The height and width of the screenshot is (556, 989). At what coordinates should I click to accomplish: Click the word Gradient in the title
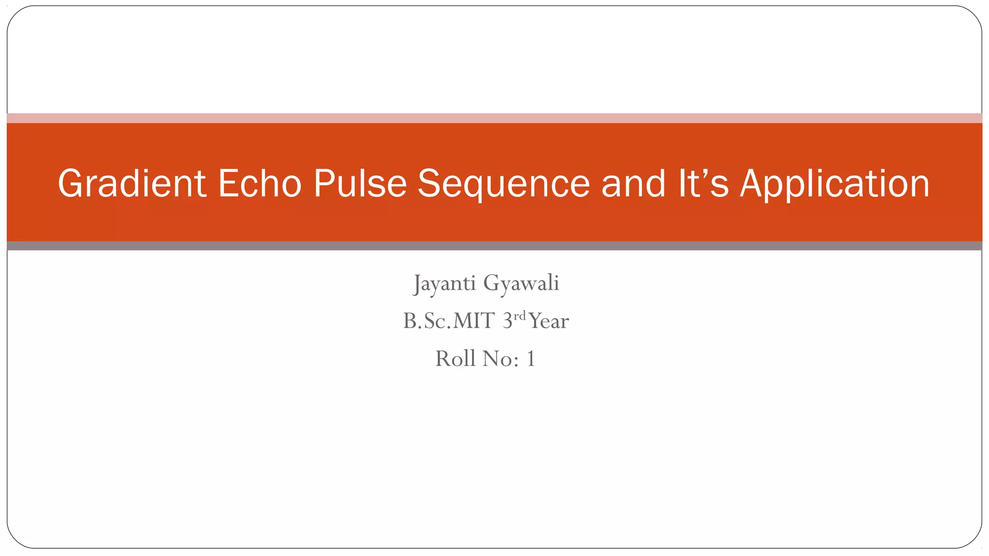pos(132,184)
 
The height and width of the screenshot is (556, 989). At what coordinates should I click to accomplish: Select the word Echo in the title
pos(260,184)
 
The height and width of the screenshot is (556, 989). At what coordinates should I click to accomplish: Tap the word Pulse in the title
pos(360,184)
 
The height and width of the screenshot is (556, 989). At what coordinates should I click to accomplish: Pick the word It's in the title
pos(703,184)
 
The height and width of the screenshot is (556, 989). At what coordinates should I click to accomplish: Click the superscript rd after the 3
pos(519,316)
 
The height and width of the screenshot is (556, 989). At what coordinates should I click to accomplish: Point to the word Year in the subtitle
pos(549,321)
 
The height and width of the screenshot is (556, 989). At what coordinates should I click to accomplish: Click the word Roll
pos(455,359)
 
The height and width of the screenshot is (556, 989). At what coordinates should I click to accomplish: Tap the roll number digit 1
pos(531,359)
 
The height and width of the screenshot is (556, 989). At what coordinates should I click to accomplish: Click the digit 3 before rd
pos(507,321)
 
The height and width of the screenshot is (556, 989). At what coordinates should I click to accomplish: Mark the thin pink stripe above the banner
pos(494,118)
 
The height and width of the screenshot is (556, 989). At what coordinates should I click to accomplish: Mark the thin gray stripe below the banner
pos(494,246)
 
